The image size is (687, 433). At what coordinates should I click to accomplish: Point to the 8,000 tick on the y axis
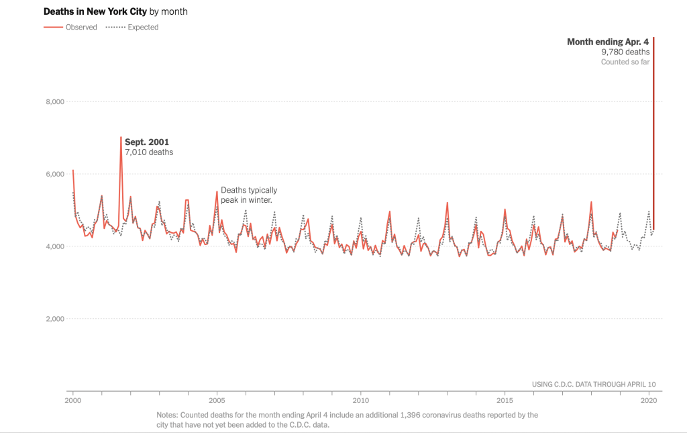[54, 101]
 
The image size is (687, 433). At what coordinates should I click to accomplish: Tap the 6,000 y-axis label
[54, 174]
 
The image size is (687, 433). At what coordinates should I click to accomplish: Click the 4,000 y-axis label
[54, 246]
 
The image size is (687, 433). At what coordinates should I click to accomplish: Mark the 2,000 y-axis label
[54, 319]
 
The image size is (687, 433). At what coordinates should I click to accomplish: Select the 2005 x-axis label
[217, 400]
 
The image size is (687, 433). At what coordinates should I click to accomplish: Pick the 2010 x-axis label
[361, 400]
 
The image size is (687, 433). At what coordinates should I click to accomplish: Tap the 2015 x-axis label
[505, 400]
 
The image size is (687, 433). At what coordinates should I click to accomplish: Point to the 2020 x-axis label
[649, 400]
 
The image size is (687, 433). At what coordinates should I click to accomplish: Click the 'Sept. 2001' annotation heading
[147, 142]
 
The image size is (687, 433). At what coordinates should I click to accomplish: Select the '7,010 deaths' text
[149, 152]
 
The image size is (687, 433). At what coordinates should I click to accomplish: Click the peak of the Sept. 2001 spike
[121, 137]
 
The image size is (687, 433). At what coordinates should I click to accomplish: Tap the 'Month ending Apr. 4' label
[608, 42]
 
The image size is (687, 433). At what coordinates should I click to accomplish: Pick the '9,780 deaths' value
[625, 52]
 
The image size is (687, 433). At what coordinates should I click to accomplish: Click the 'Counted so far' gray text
[625, 62]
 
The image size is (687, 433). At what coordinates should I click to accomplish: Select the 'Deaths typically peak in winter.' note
[248, 195]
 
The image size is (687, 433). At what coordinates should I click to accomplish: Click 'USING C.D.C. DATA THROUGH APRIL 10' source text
[594, 384]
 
